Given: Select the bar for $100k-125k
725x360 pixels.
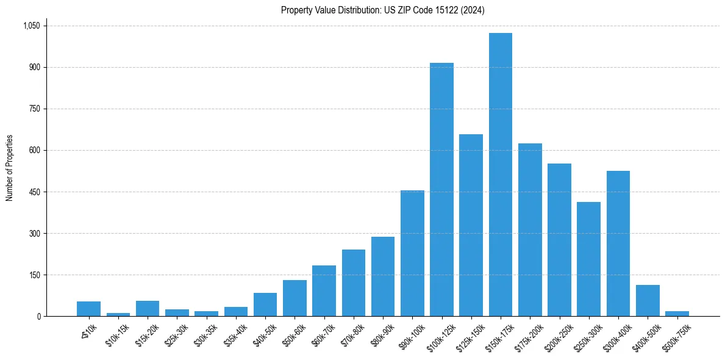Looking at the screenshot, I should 441,190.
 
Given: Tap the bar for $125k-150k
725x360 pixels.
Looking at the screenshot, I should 471,225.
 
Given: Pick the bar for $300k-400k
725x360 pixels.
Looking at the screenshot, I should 618,243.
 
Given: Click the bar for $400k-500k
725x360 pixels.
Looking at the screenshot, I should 648,301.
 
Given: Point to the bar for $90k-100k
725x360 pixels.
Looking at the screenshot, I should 412,253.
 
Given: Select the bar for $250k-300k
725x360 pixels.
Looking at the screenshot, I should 588,259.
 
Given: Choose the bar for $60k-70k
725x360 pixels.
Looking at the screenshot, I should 324,291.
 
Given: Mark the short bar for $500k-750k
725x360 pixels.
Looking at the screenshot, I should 677,314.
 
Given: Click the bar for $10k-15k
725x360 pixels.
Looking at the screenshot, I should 118,314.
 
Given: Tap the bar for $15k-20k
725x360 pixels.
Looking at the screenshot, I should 148,309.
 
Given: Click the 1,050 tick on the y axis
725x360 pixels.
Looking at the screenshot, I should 31,26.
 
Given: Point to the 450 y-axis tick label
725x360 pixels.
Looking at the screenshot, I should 34,192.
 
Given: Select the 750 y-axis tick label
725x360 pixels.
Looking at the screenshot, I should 34,109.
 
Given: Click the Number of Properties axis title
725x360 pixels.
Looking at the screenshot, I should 9,168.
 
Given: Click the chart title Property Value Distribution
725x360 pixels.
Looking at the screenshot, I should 382,10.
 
